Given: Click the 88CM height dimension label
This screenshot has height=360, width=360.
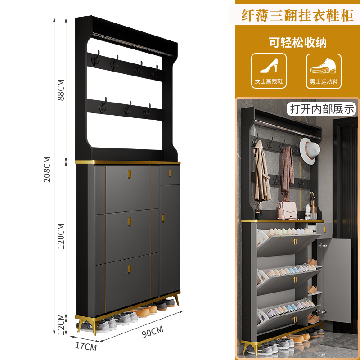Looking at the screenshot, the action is (x=61, y=90).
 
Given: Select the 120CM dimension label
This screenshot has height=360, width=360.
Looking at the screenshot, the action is (x=61, y=236).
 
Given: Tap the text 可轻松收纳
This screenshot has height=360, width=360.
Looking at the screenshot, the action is (x=297, y=43).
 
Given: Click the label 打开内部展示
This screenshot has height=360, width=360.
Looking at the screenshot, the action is (x=322, y=108).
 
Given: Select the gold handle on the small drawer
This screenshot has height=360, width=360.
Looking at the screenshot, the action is (x=170, y=172).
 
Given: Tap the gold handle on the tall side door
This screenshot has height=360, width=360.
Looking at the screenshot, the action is (x=162, y=218).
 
